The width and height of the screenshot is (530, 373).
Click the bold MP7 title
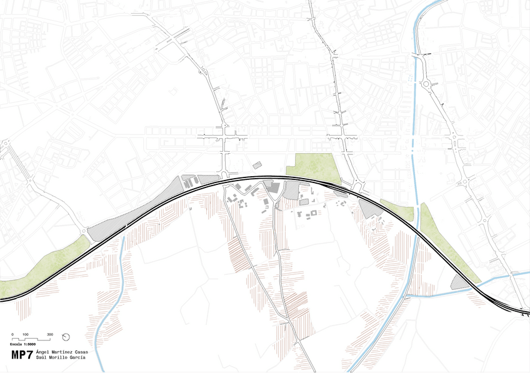click(22, 355)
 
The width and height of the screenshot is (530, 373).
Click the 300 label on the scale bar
click(50, 334)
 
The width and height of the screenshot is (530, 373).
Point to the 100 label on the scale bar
click(26, 334)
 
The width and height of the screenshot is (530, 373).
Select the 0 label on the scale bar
click(12, 334)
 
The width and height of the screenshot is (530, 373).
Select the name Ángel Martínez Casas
click(62, 352)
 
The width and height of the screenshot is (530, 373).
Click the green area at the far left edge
click(37, 266)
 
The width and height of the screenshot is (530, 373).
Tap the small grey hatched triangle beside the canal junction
click(461, 282)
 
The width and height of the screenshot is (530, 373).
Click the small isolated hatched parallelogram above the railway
click(256, 165)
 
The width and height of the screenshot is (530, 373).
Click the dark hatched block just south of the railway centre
click(271, 187)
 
